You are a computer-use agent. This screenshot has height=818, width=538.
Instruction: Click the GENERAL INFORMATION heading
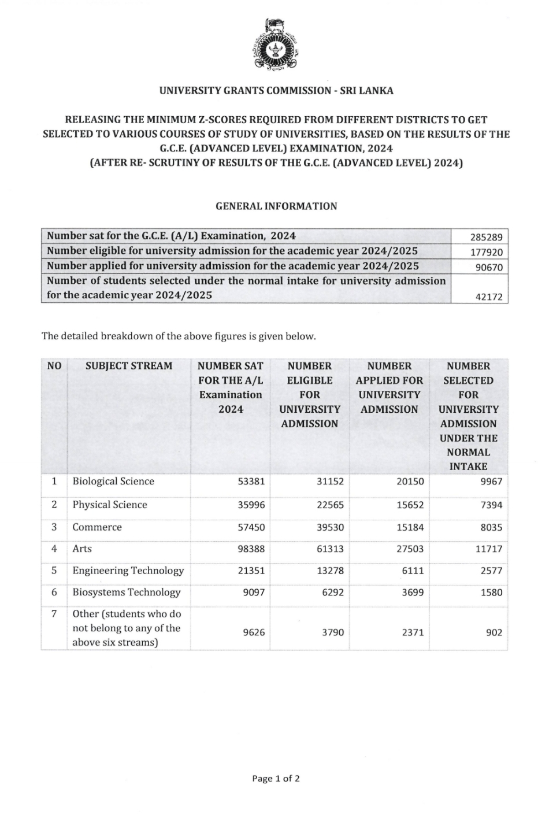pyautogui.click(x=276, y=206)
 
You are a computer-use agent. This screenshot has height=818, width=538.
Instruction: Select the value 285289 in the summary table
pyautogui.click(x=486, y=236)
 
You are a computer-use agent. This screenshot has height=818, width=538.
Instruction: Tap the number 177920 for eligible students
pyautogui.click(x=486, y=252)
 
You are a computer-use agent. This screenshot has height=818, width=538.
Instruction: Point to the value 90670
pyautogui.click(x=489, y=267)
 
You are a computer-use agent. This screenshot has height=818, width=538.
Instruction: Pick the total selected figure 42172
pyautogui.click(x=489, y=297)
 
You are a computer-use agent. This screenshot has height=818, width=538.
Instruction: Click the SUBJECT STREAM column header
pyautogui.click(x=129, y=366)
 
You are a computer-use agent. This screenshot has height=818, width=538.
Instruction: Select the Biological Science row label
pyautogui.click(x=113, y=482)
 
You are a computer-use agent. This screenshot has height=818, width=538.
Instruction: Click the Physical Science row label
pyautogui.click(x=110, y=505)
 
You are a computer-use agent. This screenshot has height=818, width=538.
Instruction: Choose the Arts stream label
pyautogui.click(x=82, y=549)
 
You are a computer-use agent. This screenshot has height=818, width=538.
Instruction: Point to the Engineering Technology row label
pyautogui.click(x=128, y=571)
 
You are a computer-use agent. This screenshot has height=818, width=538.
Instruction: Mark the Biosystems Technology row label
pyautogui.click(x=127, y=592)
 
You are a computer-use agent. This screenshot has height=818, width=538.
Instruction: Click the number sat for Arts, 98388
pyautogui.click(x=251, y=549)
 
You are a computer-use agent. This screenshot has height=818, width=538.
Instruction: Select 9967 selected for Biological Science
pyautogui.click(x=491, y=482)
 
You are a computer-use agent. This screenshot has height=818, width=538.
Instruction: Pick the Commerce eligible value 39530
pyautogui.click(x=330, y=528)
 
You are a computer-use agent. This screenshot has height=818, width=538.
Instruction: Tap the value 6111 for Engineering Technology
pyautogui.click(x=413, y=571)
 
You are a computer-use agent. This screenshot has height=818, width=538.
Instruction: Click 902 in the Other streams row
pyautogui.click(x=494, y=632)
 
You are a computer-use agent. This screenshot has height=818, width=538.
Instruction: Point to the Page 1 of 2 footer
pyautogui.click(x=276, y=778)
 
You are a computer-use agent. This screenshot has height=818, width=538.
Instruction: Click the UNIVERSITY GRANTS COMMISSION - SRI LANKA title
pyautogui.click(x=276, y=91)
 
